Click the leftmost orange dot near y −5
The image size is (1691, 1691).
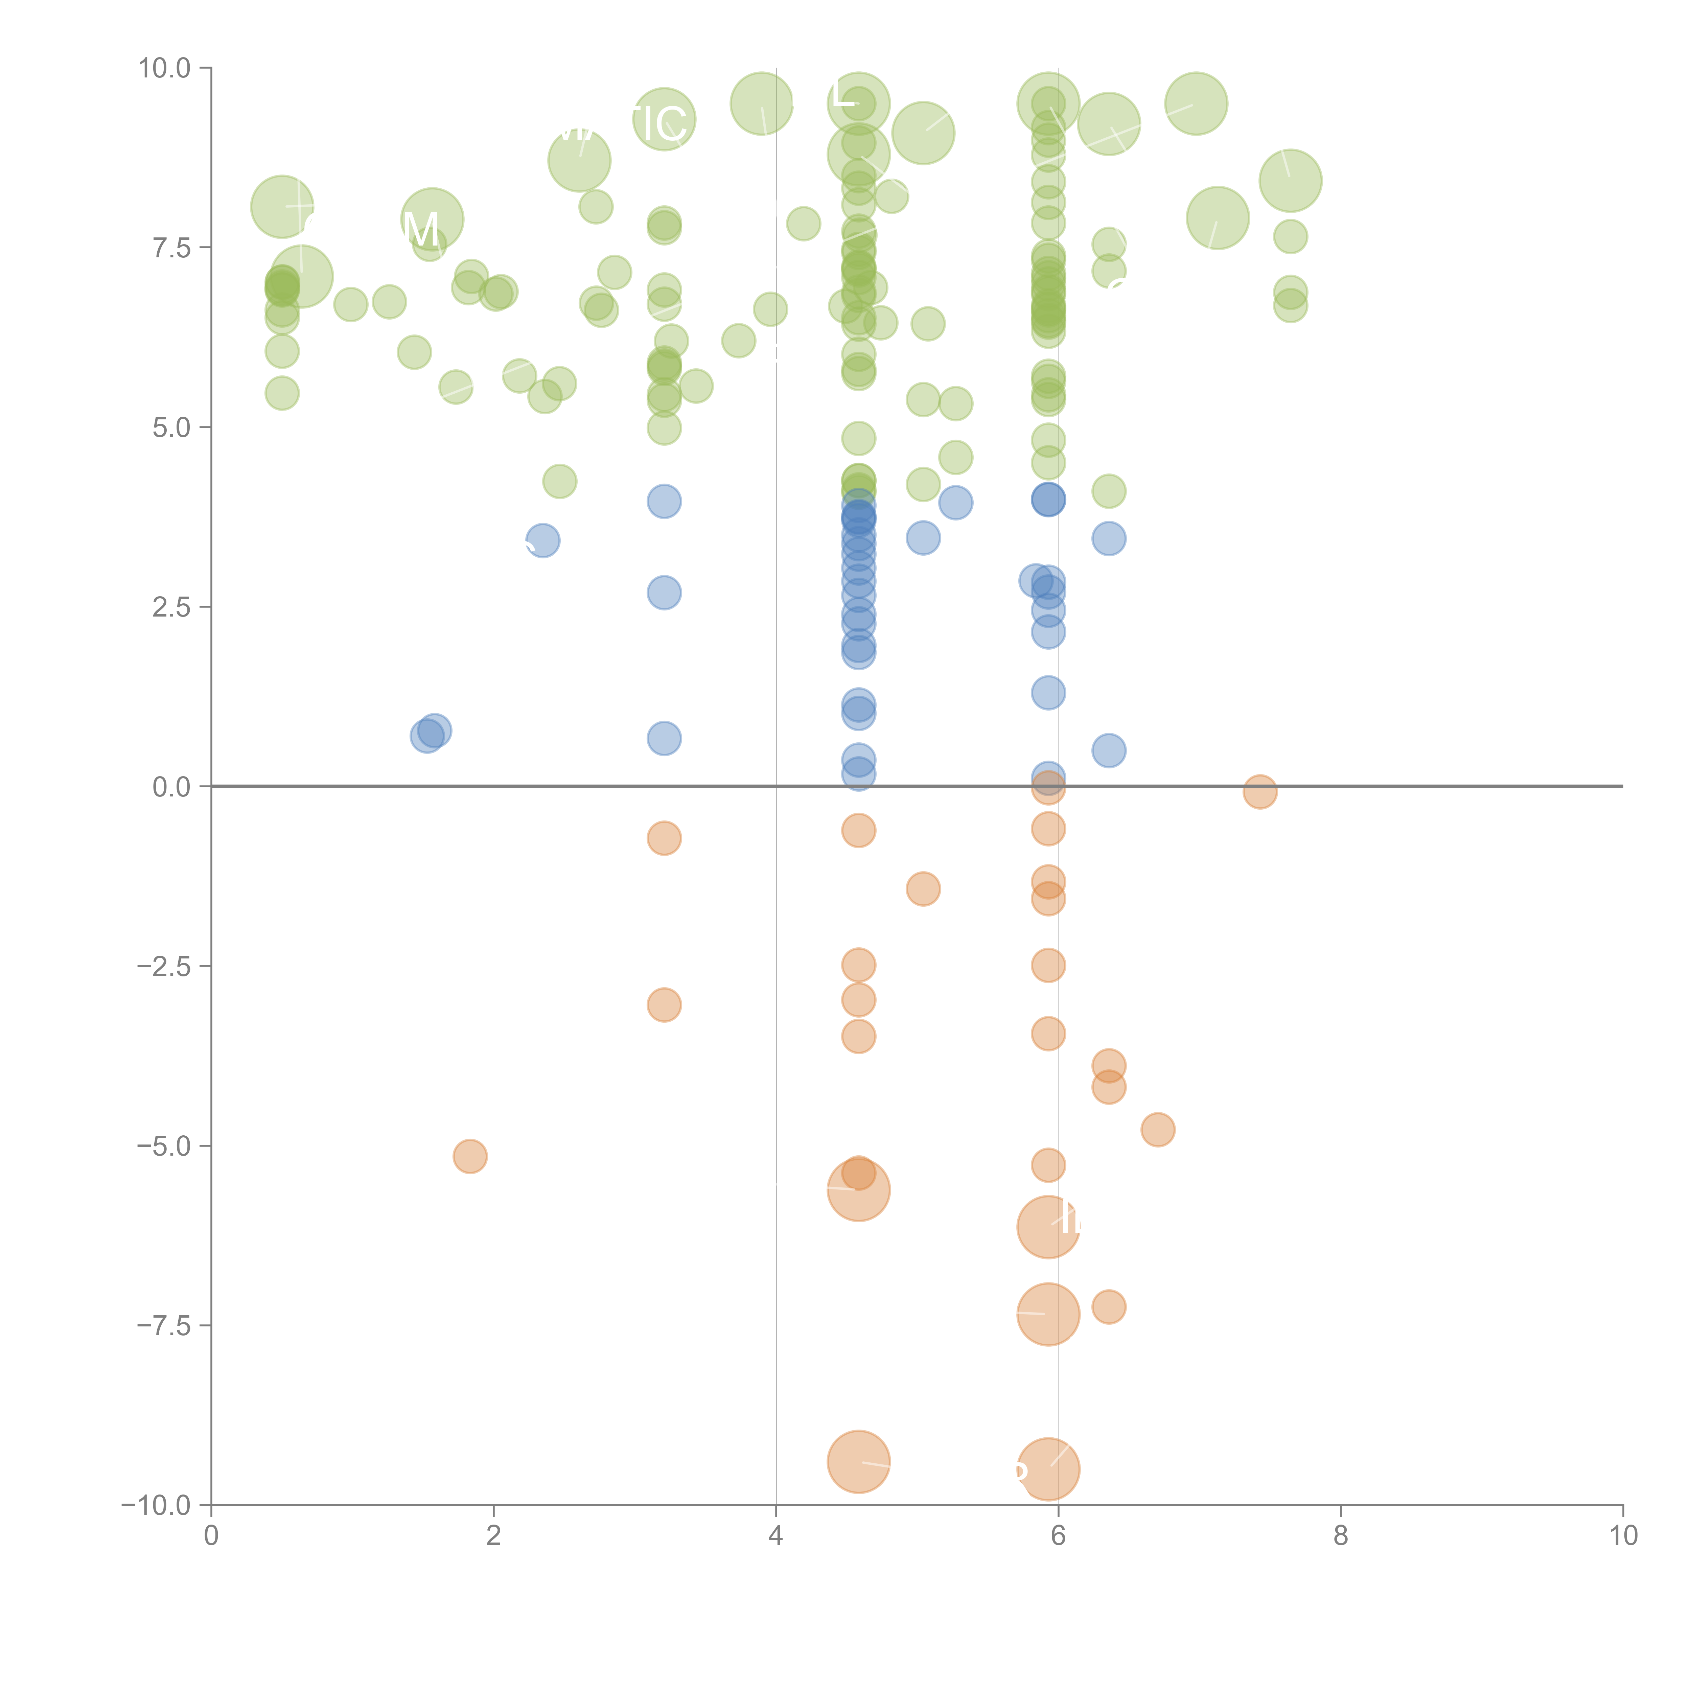coord(470,1156)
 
